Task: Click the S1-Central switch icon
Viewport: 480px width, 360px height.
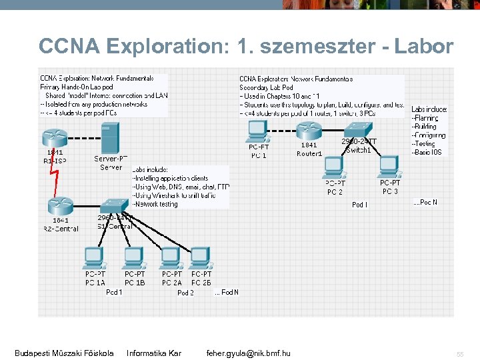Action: pos(114,204)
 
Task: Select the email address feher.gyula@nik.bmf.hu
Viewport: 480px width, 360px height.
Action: pos(248,353)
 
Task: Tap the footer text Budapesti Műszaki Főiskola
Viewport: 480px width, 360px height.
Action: pos(64,353)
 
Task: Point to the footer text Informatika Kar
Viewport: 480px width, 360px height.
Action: pos(154,353)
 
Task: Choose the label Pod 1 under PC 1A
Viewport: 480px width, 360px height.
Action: pos(114,292)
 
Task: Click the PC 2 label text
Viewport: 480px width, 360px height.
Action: pos(335,192)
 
